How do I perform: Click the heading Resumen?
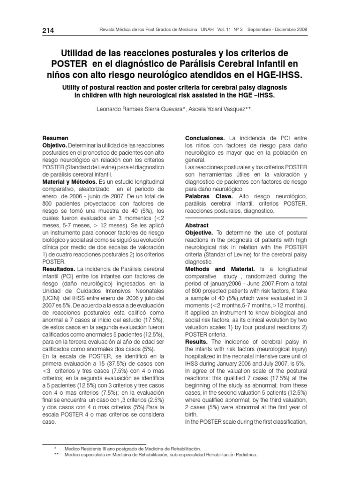click(x=55, y=139)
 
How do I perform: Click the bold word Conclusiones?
click(x=205, y=139)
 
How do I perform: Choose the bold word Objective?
click(x=199, y=232)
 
